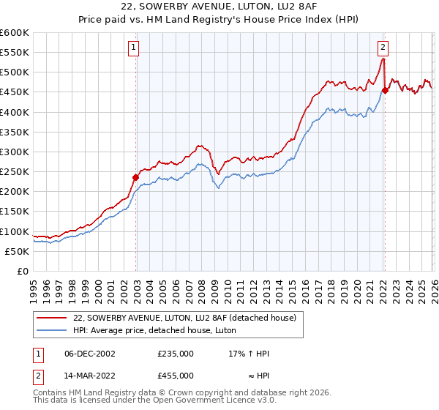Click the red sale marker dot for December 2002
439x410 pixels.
click(136, 177)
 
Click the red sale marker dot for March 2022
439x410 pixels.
click(385, 90)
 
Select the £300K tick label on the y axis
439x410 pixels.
click(14, 152)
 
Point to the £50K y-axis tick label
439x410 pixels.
click(16, 251)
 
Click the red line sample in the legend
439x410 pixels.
click(52, 318)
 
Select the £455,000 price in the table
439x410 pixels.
click(176, 375)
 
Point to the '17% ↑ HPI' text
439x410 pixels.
click(249, 353)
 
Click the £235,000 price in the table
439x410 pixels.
click(176, 353)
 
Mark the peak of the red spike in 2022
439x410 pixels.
click(383, 59)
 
